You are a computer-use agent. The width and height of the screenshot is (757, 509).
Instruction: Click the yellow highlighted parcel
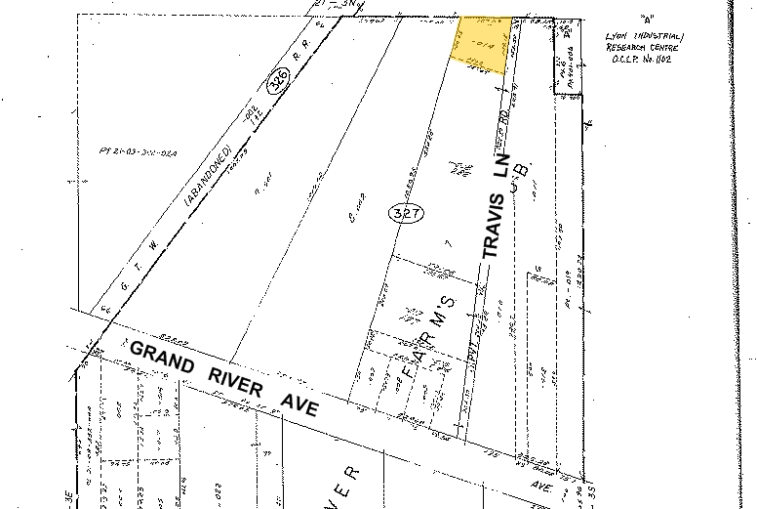483,45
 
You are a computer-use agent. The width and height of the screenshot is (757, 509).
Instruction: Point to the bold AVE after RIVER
298,400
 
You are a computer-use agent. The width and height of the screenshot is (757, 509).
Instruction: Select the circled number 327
404,214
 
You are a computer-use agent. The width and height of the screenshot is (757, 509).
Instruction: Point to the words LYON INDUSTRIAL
645,36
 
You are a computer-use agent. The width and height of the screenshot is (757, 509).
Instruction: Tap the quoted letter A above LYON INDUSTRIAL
645,19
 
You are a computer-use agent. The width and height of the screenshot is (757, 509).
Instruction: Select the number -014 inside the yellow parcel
480,44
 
